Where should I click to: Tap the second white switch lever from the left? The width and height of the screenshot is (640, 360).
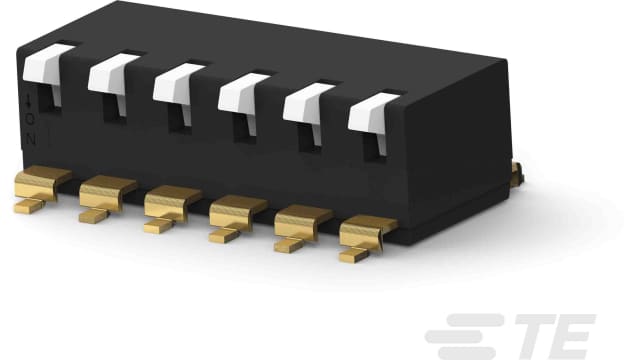tap(112, 76)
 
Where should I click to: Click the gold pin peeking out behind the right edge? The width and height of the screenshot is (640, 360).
tap(516, 172)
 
